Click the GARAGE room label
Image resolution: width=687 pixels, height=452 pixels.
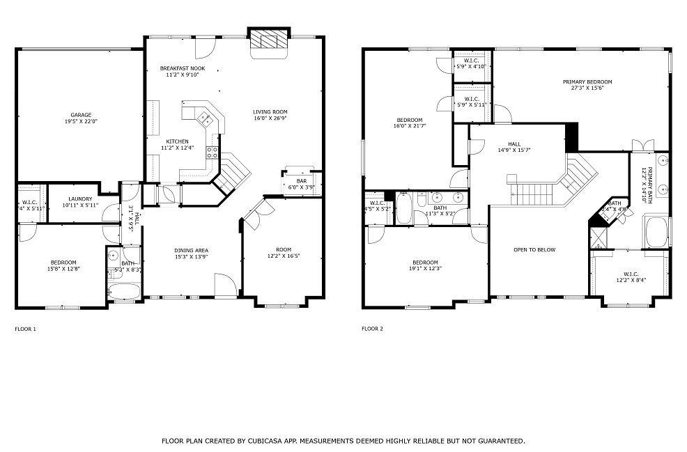click(81, 115)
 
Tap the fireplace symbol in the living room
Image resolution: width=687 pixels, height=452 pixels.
click(268, 40)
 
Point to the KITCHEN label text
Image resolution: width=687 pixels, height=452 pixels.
click(176, 141)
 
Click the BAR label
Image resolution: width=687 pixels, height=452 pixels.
click(301, 180)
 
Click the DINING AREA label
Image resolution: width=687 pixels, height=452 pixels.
click(192, 251)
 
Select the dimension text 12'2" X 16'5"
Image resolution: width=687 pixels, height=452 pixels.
click(283, 256)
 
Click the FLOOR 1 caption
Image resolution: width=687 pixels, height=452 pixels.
click(25, 329)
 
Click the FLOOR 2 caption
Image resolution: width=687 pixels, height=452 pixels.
click(372, 329)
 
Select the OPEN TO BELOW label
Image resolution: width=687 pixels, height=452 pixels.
click(534, 249)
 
